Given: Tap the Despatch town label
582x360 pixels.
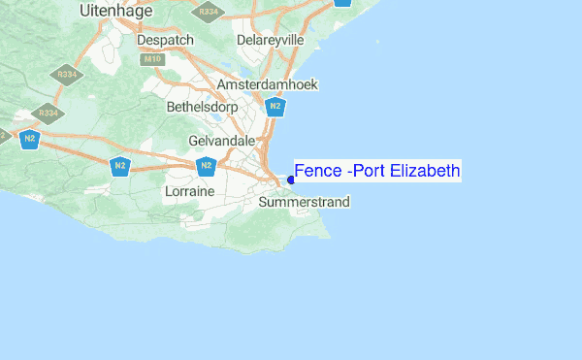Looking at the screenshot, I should (x=166, y=40).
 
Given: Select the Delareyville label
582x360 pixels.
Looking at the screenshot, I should (x=271, y=40).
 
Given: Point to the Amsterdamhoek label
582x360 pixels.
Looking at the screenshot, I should (x=268, y=84).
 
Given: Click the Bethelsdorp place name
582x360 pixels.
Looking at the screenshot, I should (x=203, y=106).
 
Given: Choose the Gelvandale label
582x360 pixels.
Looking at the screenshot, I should (x=221, y=141).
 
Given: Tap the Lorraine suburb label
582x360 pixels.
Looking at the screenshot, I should (x=189, y=192).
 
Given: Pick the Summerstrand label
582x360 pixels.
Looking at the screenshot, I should (x=304, y=202).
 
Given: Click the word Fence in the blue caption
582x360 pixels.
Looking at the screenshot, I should (x=317, y=172).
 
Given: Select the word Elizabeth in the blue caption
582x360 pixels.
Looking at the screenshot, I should (x=423, y=172).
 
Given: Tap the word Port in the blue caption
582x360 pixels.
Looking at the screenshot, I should (x=369, y=172).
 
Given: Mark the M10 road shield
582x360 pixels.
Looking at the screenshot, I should (x=151, y=60).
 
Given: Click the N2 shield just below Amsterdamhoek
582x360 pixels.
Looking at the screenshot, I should (x=275, y=106).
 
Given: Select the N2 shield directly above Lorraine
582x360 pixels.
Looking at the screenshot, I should (x=206, y=166).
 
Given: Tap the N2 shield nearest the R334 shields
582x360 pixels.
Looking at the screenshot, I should (x=30, y=139).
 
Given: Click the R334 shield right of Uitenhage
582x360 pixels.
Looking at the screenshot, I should (x=206, y=12).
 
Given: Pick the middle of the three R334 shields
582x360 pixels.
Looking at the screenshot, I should (x=67, y=74).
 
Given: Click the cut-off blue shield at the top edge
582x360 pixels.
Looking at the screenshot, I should (x=341, y=2).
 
